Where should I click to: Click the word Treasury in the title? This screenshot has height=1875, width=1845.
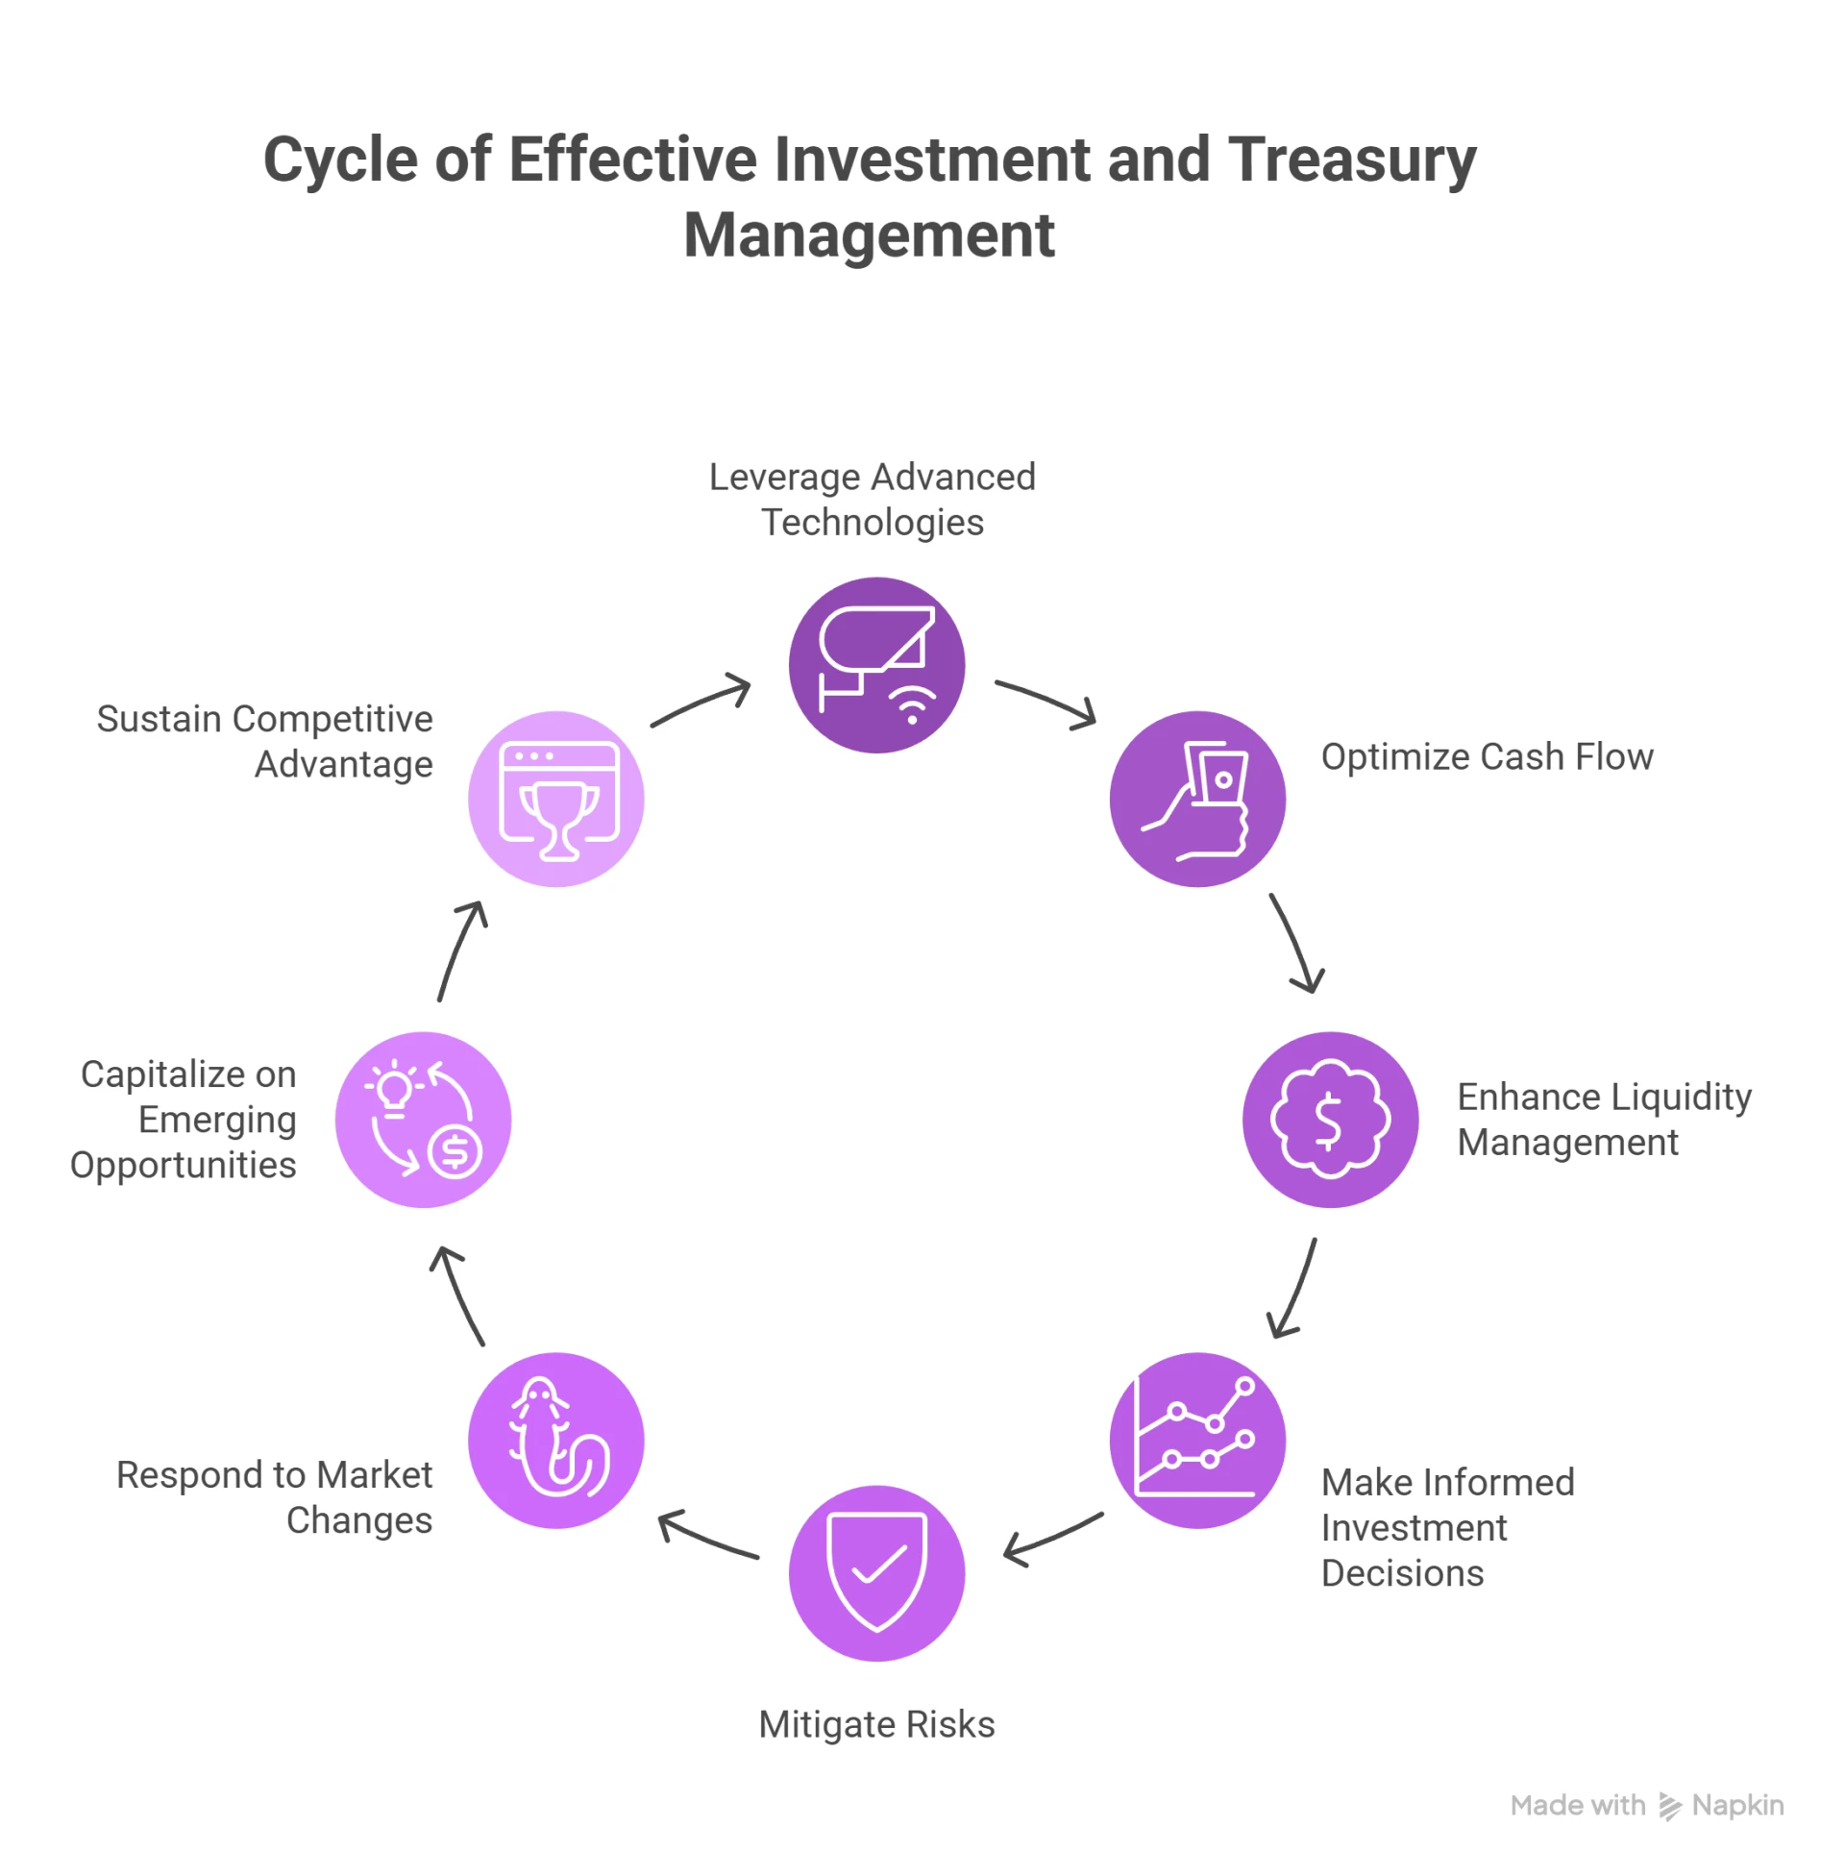pyautogui.click(x=1352, y=160)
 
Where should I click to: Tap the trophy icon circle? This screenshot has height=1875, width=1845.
pyautogui.click(x=556, y=800)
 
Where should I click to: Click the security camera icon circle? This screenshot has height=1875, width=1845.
pyautogui.click(x=876, y=665)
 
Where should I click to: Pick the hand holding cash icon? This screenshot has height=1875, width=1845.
pyautogui.click(x=1197, y=800)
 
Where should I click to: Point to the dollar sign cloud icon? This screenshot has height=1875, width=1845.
pyautogui.click(x=1331, y=1120)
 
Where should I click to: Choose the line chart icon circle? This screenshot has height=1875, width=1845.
pyautogui.click(x=1197, y=1440)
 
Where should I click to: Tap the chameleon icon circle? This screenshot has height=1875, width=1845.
pyautogui.click(x=556, y=1440)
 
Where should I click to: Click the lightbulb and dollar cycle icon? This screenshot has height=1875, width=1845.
pyautogui.click(x=424, y=1120)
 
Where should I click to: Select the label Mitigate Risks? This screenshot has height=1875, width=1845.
pyautogui.click(x=876, y=1724)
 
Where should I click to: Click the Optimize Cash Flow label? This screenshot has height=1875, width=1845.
pyautogui.click(x=1487, y=756)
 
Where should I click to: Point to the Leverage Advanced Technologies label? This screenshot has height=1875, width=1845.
pyautogui.click(x=873, y=499)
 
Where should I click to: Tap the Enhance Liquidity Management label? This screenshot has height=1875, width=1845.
pyautogui.click(x=1604, y=1120)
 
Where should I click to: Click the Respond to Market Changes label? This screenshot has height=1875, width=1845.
pyautogui.click(x=275, y=1497)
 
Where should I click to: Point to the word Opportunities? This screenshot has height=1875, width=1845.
pyautogui.click(x=184, y=1165)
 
